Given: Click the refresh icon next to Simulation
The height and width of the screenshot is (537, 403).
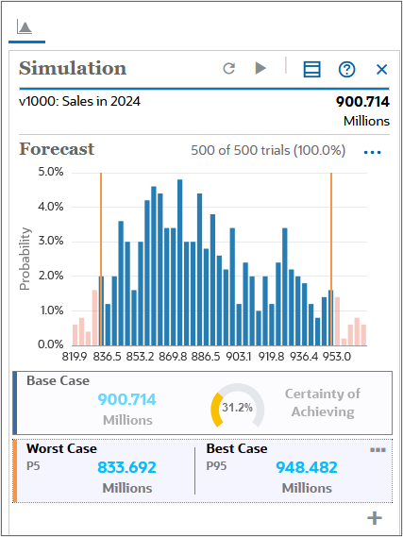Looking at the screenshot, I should click(x=228, y=69).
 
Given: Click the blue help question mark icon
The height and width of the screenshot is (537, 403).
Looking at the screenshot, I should click(x=347, y=69).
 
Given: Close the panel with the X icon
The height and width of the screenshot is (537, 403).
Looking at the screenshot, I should click(x=382, y=69).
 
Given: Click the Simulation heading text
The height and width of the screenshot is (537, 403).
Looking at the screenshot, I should click(x=73, y=68).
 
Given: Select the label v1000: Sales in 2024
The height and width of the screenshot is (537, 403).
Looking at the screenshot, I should click(x=79, y=101).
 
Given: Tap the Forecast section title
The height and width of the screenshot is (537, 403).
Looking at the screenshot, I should click(x=57, y=149).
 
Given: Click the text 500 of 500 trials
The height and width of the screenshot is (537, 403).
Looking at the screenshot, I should click(x=267, y=150).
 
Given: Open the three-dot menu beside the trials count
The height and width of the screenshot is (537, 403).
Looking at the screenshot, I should click(x=373, y=151).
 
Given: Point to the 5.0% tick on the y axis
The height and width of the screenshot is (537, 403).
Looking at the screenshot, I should click(x=50, y=172).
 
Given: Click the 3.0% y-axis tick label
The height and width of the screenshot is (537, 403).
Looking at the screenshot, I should click(x=50, y=241).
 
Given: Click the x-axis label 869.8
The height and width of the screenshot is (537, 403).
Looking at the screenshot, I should click(x=173, y=357).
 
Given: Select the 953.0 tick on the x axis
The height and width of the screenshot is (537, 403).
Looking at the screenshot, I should click(x=336, y=357).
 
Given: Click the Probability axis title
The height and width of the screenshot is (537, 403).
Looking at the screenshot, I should click(x=25, y=258).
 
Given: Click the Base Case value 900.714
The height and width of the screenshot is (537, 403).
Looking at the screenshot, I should click(x=127, y=400).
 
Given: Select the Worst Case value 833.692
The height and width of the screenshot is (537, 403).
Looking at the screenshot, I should click(x=126, y=467).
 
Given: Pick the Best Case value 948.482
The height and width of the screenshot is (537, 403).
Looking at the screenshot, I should click(x=307, y=467).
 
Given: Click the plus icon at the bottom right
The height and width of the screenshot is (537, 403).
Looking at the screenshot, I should click(x=375, y=517).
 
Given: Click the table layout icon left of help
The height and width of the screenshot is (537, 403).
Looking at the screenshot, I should click(x=311, y=69).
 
